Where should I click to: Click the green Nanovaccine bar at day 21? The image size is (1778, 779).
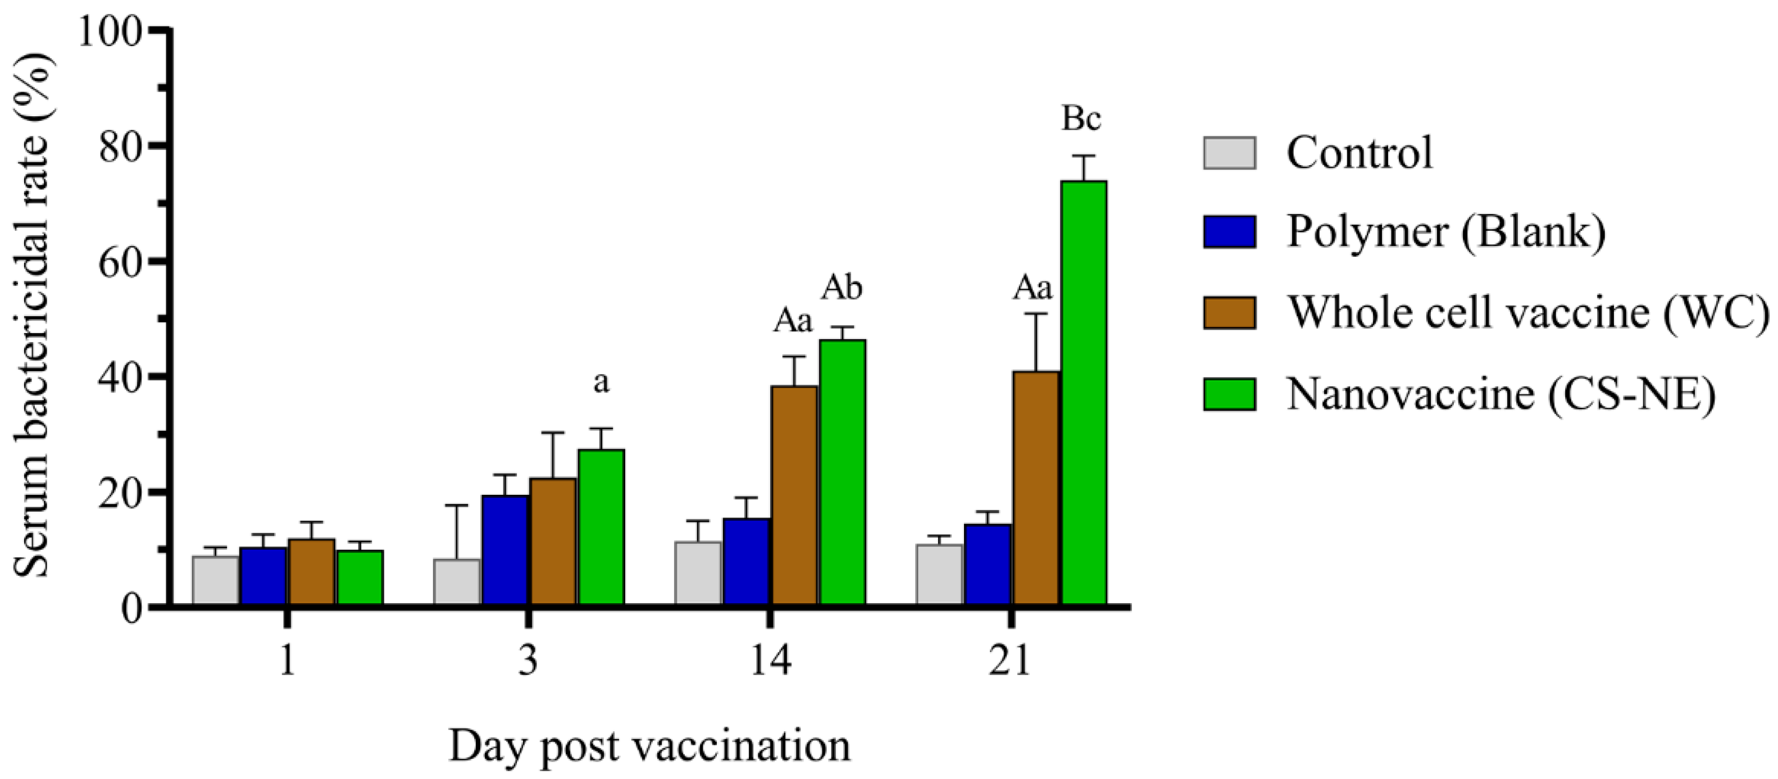1084,393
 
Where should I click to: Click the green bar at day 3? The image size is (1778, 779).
601,528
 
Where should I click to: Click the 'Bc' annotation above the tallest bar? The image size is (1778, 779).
1081,120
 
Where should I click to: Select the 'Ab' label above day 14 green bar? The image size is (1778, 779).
842,289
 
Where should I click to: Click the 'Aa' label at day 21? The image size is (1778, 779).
1033,289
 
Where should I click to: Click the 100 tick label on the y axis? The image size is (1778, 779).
111,31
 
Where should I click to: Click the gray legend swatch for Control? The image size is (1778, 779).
1229,153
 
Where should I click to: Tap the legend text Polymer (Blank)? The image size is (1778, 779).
1446,232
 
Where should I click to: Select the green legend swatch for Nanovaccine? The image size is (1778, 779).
1229,394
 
